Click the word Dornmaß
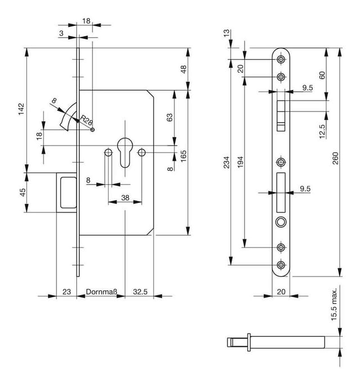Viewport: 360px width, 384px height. point(101,292)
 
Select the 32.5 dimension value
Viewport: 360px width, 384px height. point(140,292)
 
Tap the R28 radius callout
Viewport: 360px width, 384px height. point(86,120)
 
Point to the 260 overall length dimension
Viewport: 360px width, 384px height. point(335,158)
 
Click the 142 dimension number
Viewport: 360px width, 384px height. point(21,109)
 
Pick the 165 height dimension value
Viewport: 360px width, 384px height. point(183,156)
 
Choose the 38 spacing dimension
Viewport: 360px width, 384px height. point(125,198)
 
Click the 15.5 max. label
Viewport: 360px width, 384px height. point(334,304)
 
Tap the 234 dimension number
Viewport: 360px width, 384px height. point(227,162)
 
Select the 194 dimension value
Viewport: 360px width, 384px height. point(240,162)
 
